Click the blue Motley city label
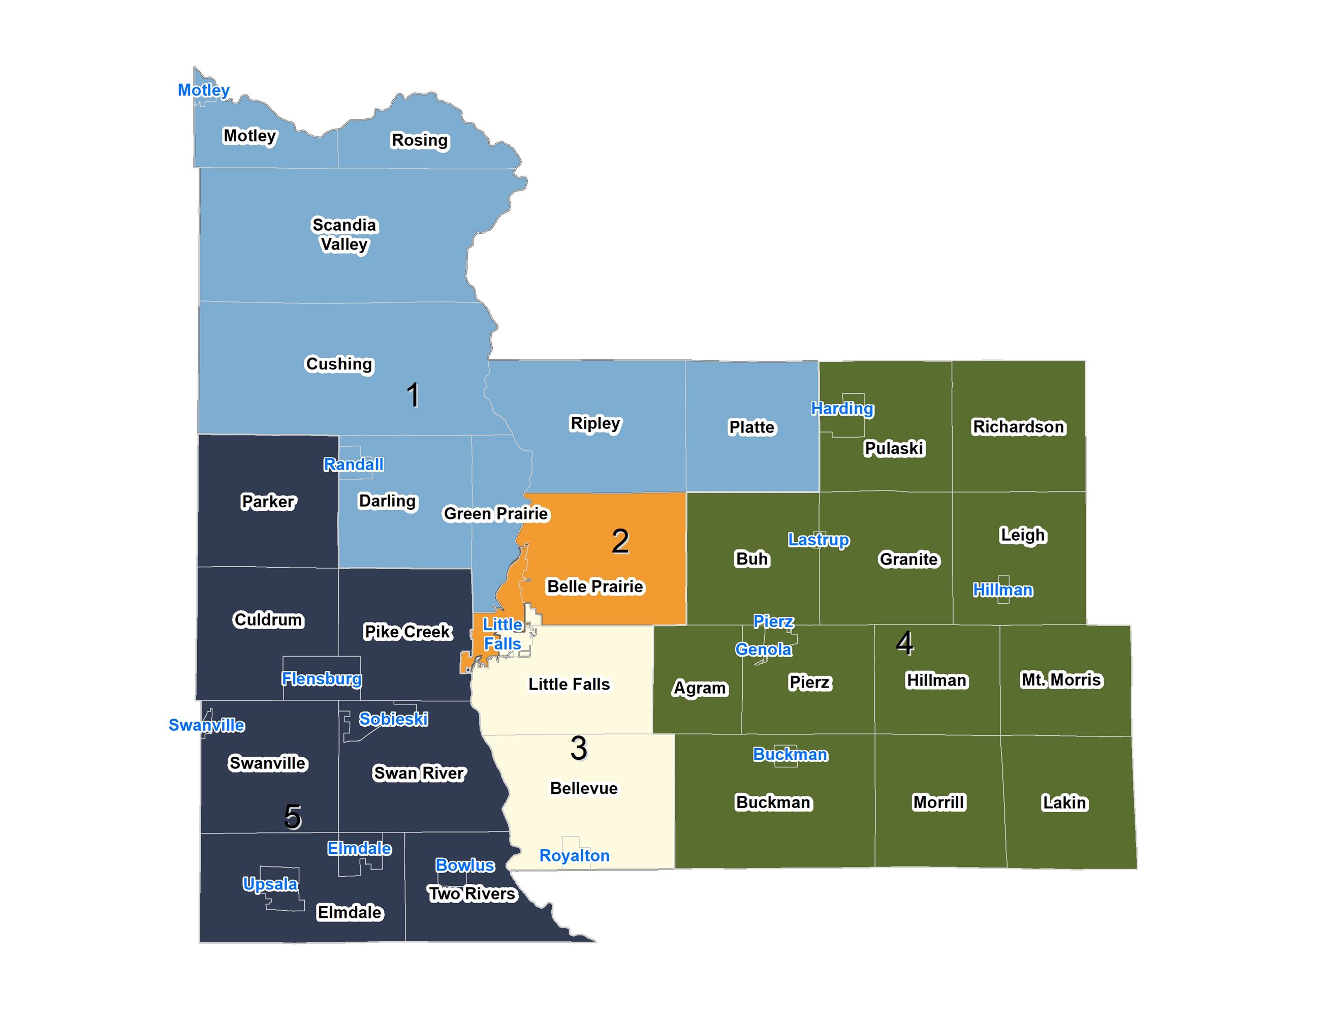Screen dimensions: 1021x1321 [x=203, y=90]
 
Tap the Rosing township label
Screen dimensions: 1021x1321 [x=420, y=140]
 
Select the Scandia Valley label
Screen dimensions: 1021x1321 [x=344, y=235]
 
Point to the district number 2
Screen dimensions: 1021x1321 [x=620, y=541]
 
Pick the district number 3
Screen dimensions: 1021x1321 [x=579, y=749]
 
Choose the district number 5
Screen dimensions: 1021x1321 [x=293, y=817]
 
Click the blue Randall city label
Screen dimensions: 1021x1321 [x=353, y=465]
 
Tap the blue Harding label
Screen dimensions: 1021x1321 [x=842, y=409]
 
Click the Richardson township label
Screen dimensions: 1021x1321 [x=1018, y=427]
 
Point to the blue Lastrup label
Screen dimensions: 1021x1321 [x=819, y=540]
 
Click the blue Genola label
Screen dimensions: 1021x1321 [x=763, y=649]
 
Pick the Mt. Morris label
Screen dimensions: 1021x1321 [x=1061, y=680]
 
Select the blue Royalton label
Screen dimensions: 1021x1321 [x=574, y=856]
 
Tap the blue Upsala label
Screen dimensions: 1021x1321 [x=270, y=884]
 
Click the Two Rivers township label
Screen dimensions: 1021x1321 [x=472, y=894]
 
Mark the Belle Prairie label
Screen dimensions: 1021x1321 [x=595, y=586]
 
